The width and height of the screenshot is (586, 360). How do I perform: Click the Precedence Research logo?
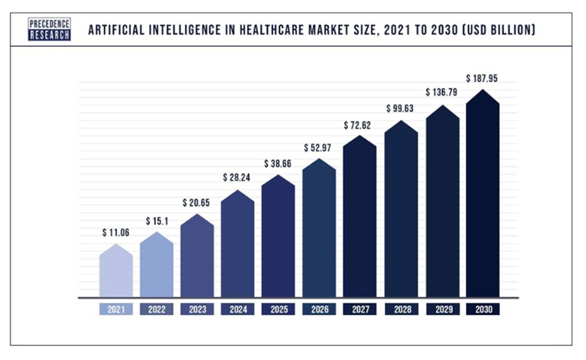pos(49,29)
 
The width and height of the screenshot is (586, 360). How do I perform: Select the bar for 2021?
pos(116,270)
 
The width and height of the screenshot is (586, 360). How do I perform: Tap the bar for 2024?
pos(238,244)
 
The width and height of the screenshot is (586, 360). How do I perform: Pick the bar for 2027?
pos(359,217)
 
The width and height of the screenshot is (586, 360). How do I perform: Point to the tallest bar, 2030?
pos(482,193)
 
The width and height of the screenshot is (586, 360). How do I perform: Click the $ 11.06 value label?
pos(116,233)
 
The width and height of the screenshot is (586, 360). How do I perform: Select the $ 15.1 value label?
pos(157,221)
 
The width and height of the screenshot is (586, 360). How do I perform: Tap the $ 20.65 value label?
pos(196,203)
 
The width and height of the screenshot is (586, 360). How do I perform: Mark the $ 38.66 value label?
pos(278,164)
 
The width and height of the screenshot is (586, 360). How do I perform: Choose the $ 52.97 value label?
pos(317,148)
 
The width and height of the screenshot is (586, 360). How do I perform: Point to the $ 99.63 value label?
pos(400,108)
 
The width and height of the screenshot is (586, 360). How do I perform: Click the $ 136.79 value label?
pos(441,92)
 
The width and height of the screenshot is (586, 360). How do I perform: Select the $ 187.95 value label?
pos(481,79)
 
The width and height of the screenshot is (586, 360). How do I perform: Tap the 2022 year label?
pos(157,310)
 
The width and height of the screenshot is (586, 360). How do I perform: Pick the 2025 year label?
pos(279,310)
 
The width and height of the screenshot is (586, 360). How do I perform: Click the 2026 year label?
pos(320,310)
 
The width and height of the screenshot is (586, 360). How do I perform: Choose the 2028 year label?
pos(402,310)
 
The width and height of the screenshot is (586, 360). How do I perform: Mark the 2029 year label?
pos(443,310)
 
